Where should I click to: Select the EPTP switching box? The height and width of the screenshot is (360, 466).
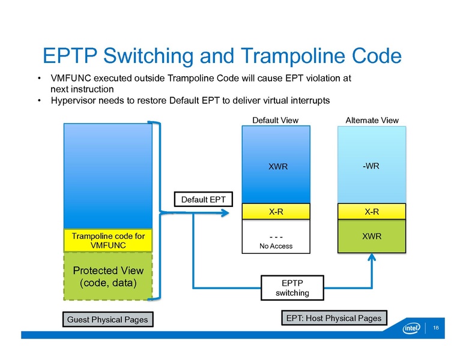pyautogui.click(x=292, y=287)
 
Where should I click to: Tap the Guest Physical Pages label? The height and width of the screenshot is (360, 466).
pyautogui.click(x=108, y=320)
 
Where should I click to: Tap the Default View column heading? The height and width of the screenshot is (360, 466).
pyautogui.click(x=275, y=120)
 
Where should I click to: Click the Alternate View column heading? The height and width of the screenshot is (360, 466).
pyautogui.click(x=372, y=120)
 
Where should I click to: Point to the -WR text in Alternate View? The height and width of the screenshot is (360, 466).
pyautogui.click(x=371, y=166)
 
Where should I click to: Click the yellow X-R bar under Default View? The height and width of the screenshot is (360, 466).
pyautogui.click(x=275, y=211)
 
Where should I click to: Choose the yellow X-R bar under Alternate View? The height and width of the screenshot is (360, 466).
pyautogui.click(x=371, y=211)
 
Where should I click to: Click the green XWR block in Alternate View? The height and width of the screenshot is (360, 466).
pyautogui.click(x=371, y=236)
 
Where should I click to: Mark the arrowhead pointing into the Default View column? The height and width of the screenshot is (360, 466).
pyautogui.click(x=228, y=211)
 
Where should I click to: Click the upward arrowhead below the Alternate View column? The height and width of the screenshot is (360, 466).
pyautogui.click(x=372, y=258)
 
